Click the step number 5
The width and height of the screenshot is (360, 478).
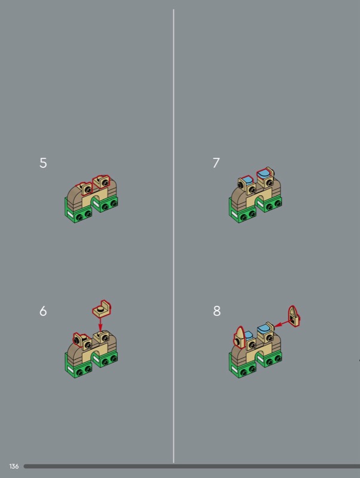[43, 163]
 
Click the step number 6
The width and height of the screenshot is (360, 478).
[43, 311]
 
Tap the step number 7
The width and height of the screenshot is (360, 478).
[216, 163]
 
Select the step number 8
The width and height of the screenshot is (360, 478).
[216, 311]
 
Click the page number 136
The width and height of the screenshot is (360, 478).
[14, 466]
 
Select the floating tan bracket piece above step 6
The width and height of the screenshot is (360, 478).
[102, 308]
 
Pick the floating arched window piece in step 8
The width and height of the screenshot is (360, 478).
[294, 317]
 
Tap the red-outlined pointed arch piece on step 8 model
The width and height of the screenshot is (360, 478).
[240, 338]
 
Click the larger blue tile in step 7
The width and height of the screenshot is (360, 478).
[264, 173]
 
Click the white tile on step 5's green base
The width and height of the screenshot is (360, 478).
[70, 215]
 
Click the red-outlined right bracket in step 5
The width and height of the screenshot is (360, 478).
[102, 182]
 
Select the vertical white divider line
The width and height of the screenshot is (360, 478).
[173, 235]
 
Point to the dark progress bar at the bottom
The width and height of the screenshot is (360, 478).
[192, 467]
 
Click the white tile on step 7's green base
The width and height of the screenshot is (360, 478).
[234, 215]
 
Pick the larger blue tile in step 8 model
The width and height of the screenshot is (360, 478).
[263, 329]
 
